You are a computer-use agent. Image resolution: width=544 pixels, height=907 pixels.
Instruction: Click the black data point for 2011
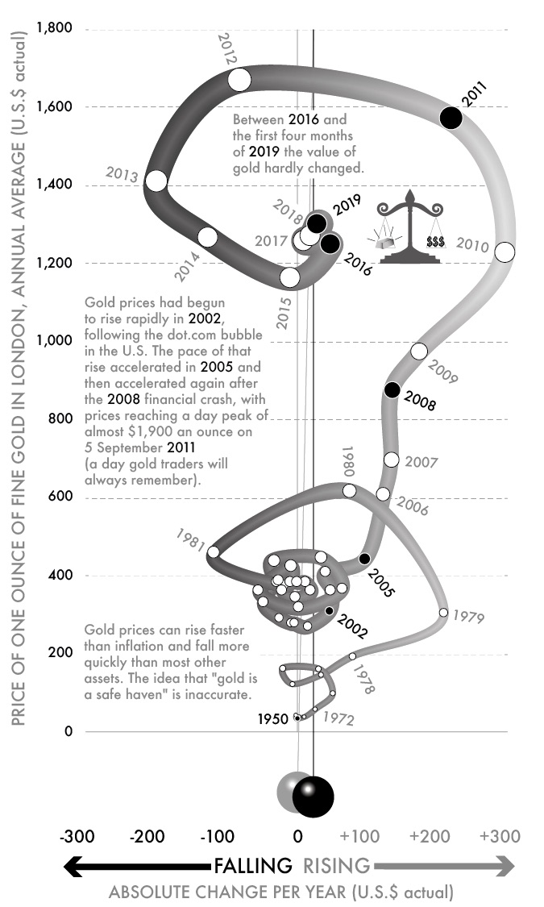tap(451, 118)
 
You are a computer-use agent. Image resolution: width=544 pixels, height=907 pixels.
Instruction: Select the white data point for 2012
tap(239, 80)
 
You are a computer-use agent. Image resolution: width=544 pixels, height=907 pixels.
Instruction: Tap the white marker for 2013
tap(156, 181)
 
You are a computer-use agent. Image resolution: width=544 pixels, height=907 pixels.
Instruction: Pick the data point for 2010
tap(505, 252)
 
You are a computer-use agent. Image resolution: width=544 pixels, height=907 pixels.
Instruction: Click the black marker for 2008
tap(392, 390)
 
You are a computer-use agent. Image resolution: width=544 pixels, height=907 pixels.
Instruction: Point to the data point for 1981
tap(214, 551)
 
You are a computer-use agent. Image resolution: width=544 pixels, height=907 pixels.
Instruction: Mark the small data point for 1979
tap(443, 613)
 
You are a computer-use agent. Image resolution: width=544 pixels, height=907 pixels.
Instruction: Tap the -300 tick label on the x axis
tap(77, 835)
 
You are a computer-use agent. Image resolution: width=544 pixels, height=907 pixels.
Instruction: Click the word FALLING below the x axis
tap(252, 866)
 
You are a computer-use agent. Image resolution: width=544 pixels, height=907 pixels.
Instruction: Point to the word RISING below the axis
tap(336, 866)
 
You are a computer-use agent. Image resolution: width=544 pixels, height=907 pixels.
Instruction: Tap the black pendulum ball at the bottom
tap(313, 797)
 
